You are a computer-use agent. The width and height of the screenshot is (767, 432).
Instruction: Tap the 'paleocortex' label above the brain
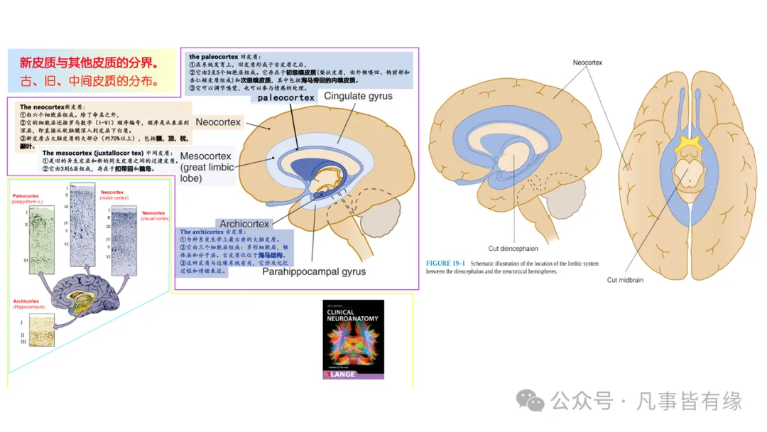285,97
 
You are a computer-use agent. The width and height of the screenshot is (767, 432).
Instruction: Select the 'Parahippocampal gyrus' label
314,271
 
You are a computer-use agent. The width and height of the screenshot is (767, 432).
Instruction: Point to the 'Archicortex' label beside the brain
244,225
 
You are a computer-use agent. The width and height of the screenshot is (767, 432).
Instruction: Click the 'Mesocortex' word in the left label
205,156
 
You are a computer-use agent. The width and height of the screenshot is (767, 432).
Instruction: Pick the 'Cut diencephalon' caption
513,249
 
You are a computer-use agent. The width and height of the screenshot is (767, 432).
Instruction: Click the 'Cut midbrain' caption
625,280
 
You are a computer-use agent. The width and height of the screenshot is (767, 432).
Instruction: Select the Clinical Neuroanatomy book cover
353,339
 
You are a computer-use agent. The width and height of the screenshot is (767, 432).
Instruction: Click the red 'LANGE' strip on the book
353,374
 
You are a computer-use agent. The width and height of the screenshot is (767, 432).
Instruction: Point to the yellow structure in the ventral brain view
686,145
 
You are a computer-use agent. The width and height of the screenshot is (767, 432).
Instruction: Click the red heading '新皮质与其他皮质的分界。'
88,61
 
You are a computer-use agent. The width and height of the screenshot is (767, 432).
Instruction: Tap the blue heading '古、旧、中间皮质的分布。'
88,80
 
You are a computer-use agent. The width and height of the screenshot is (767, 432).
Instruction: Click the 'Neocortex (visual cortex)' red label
154,215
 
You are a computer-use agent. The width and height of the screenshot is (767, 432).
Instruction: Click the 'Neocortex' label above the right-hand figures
587,63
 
